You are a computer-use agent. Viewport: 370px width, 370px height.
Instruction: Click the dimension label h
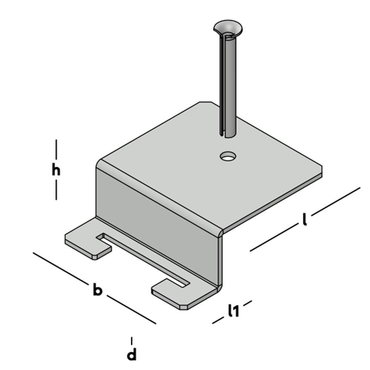56,170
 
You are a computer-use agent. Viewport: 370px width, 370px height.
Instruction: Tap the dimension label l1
233,311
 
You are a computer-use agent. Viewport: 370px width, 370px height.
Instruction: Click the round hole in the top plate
228,156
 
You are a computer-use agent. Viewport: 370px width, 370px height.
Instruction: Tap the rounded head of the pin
228,28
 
